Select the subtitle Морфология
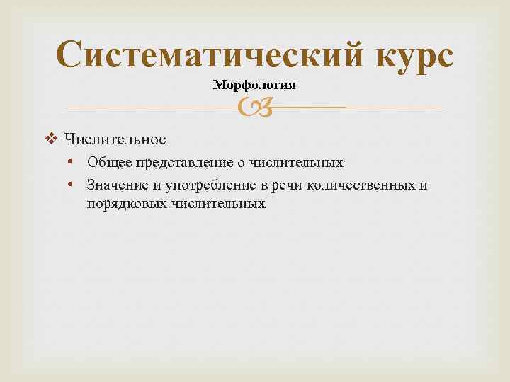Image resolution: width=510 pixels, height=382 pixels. point(254,85)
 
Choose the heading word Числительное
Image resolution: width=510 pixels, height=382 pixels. point(115,139)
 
